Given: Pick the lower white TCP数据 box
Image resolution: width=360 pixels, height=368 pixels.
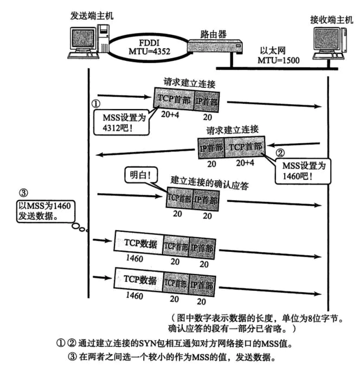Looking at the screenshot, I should (x=138, y=281).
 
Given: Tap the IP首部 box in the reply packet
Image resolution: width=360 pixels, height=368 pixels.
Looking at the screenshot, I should (x=211, y=148).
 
